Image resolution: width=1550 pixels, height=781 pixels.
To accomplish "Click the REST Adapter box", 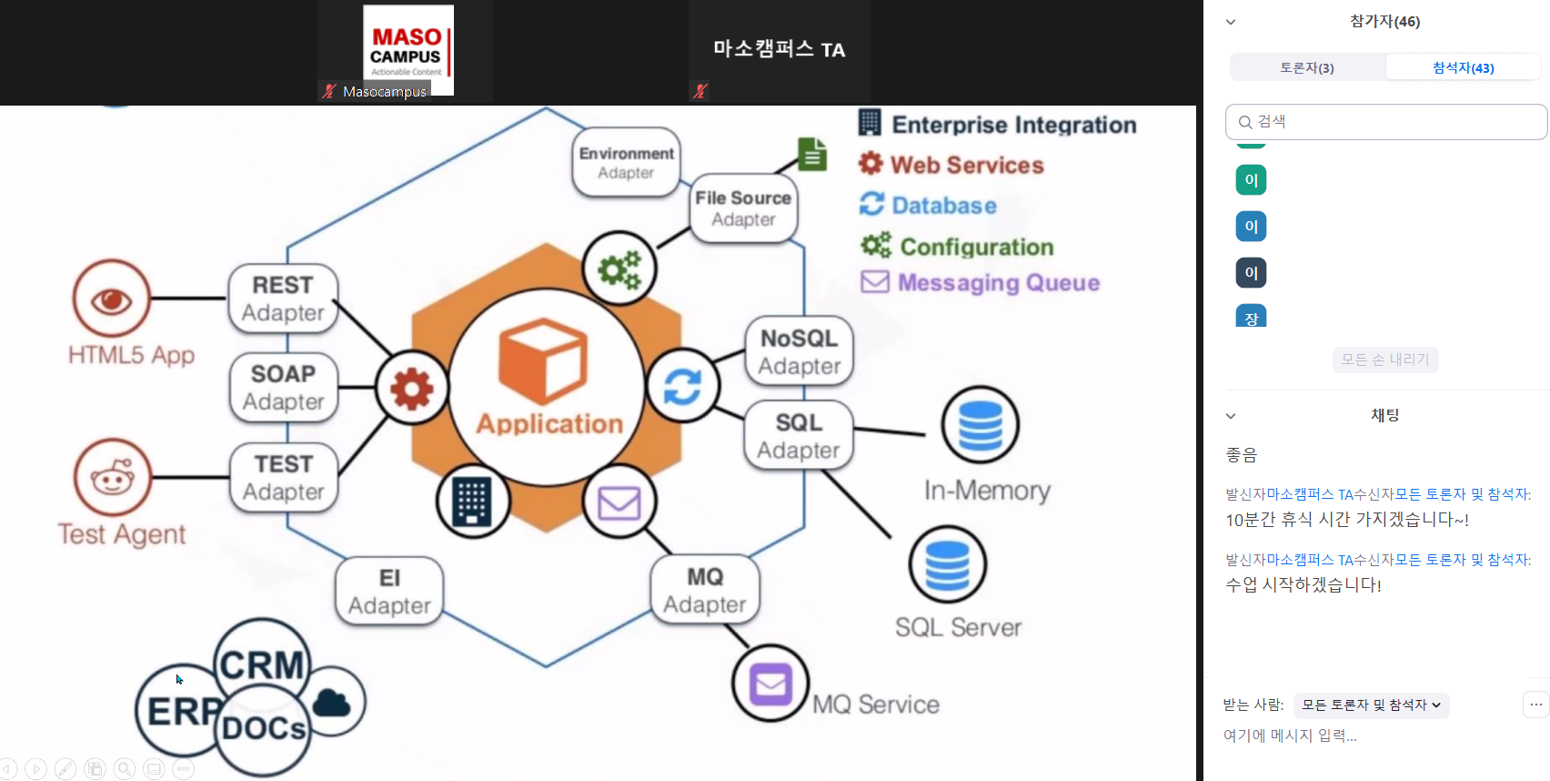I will pyautogui.click(x=283, y=299).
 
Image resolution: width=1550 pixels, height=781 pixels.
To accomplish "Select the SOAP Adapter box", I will pyautogui.click(x=283, y=388).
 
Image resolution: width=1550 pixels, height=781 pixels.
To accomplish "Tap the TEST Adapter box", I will pyautogui.click(x=283, y=478).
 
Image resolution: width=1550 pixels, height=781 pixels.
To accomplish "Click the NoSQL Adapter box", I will pyautogui.click(x=800, y=352).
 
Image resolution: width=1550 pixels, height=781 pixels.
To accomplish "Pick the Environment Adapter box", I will pyautogui.click(x=626, y=162).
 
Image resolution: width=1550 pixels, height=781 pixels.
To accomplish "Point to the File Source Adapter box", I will pyautogui.click(x=743, y=208).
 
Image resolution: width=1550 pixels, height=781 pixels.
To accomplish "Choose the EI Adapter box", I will pyautogui.click(x=389, y=592).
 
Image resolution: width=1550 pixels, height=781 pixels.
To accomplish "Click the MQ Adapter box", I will pyautogui.click(x=705, y=591).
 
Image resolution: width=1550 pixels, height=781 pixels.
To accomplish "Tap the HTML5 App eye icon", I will pyautogui.click(x=112, y=299).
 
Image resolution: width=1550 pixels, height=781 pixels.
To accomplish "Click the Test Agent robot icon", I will pyautogui.click(x=113, y=478).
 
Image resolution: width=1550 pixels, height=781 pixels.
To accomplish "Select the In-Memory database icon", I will pyautogui.click(x=980, y=425).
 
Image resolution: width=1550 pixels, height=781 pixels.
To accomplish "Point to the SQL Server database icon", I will pyautogui.click(x=947, y=564).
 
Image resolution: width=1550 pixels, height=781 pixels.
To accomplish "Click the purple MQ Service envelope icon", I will pyautogui.click(x=770, y=684).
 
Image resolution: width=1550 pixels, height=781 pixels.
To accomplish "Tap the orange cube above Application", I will pyautogui.click(x=543, y=360).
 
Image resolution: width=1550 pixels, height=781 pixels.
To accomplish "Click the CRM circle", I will pyautogui.click(x=262, y=664).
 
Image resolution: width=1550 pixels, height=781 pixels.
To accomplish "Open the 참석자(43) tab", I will pyautogui.click(x=1463, y=67).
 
